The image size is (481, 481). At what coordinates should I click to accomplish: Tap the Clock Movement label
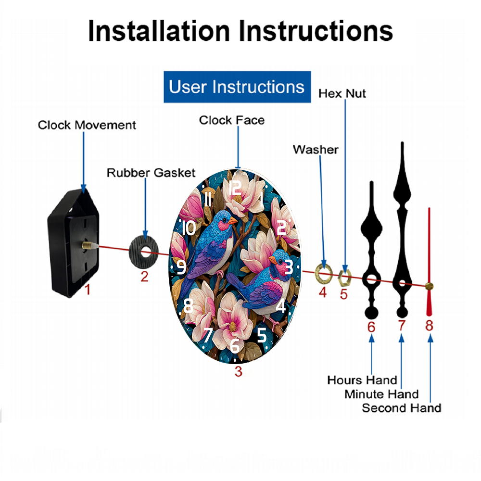[87, 125]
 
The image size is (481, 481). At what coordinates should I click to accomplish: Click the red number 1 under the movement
[87, 290]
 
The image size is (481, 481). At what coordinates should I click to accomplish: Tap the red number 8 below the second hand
[429, 326]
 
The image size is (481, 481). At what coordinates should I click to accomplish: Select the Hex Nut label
[342, 93]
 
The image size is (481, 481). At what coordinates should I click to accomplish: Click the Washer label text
[316, 150]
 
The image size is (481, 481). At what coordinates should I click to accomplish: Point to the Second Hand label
[401, 408]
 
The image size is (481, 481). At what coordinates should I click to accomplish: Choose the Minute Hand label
[381, 394]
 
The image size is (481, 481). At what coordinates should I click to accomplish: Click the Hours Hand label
[362, 380]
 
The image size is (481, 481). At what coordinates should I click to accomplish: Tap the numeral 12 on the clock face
[235, 187]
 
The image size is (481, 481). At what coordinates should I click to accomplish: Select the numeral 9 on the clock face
[181, 267]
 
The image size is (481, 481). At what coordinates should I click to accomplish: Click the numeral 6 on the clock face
[235, 344]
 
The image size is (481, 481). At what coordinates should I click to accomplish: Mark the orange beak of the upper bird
[232, 220]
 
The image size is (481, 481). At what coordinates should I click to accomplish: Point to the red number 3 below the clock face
[238, 371]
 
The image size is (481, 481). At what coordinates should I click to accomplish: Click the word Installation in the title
[159, 31]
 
